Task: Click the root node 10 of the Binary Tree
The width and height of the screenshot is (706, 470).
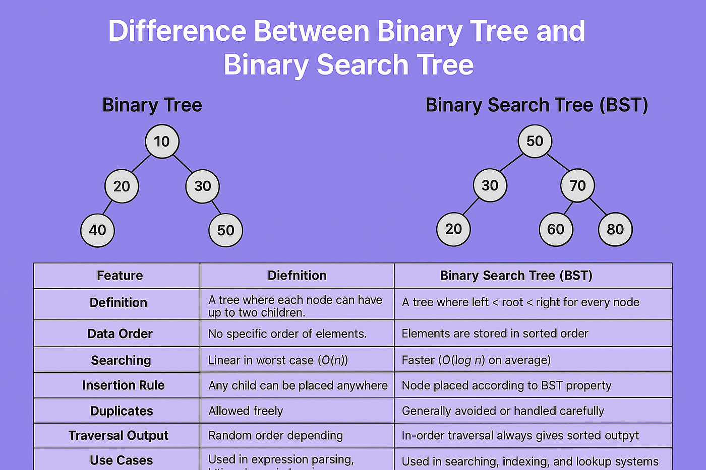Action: pyautogui.click(x=162, y=142)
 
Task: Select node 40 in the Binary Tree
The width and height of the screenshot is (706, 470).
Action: pyautogui.click(x=97, y=230)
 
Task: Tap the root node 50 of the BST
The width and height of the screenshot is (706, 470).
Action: pyautogui.click(x=535, y=141)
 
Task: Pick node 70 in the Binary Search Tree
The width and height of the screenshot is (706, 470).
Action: pyautogui.click(x=577, y=186)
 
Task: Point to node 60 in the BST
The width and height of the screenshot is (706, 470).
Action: pyautogui.click(x=556, y=230)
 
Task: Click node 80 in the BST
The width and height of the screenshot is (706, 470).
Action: pyautogui.click(x=615, y=230)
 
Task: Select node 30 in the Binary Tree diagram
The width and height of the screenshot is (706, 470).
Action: pyautogui.click(x=202, y=186)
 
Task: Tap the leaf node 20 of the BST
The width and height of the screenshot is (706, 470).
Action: pyautogui.click(x=453, y=229)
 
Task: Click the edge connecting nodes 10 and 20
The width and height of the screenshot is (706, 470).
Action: pyautogui.click(x=141, y=164)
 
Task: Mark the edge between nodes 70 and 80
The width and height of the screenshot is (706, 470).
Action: pyautogui.click(x=598, y=207)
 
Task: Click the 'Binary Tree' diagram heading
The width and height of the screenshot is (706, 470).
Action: pyautogui.click(x=152, y=105)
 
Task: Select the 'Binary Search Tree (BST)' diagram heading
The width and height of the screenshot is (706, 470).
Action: pyautogui.click(x=537, y=105)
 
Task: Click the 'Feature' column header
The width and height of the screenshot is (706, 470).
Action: pyautogui.click(x=120, y=276)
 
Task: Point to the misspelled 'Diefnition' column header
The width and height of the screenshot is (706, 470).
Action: pyautogui.click(x=297, y=276)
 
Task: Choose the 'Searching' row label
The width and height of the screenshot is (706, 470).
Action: pyautogui.click(x=121, y=360)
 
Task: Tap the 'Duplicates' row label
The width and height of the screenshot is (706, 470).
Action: pyautogui.click(x=122, y=411)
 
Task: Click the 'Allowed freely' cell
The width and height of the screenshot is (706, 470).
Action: pyautogui.click(x=246, y=411)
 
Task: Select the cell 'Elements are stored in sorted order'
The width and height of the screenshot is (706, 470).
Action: pyautogui.click(x=495, y=333)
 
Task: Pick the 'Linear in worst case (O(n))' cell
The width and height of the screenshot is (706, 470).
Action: pyautogui.click(x=278, y=360)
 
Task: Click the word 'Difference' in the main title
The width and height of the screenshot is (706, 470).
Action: pyautogui.click(x=177, y=31)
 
